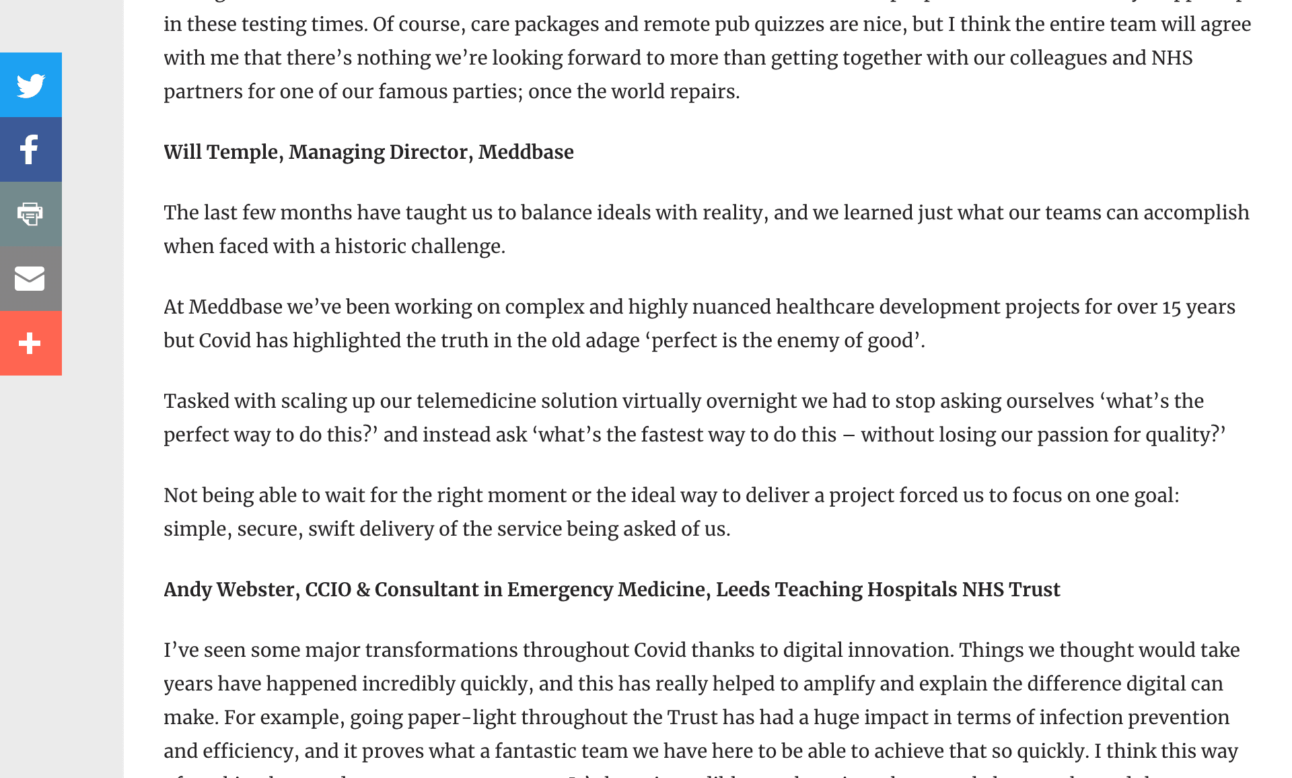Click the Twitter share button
click(x=31, y=85)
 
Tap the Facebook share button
click(x=31, y=149)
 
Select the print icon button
click(x=31, y=214)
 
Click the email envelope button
click(x=31, y=279)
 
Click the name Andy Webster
click(x=229, y=590)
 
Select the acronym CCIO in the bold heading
click(x=328, y=590)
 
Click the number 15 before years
click(x=1172, y=307)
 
